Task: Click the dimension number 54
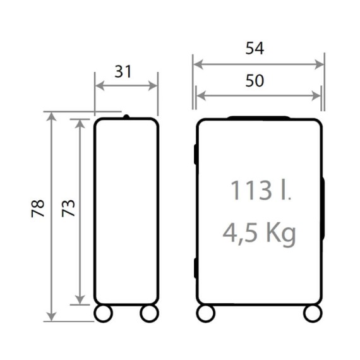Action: coord(255,48)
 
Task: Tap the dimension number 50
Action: coord(255,81)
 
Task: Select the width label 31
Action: coord(123,71)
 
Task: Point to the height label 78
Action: coord(38,208)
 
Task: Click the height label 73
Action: coord(68,208)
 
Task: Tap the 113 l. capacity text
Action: coord(261,190)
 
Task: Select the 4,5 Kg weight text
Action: coord(259,234)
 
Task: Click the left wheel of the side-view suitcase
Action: coord(104,313)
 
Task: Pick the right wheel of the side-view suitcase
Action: coord(150,313)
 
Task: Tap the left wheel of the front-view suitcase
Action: coord(206,313)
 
